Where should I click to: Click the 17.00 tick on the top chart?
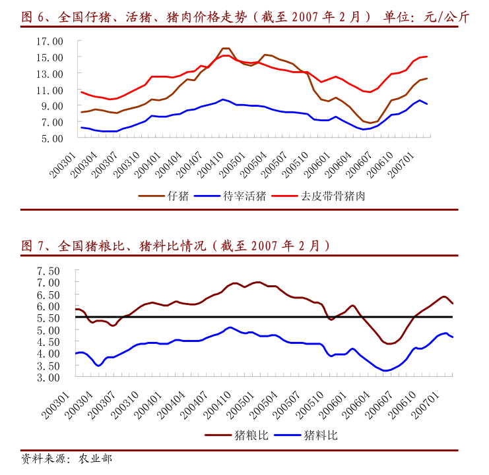(x=49, y=41)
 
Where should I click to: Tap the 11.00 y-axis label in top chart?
(x=49, y=90)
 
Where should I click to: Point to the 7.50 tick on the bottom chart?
(x=48, y=271)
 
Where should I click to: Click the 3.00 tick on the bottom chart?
(x=48, y=377)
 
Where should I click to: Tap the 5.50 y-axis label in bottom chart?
(x=48, y=318)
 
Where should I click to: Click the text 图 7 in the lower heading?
(x=31, y=246)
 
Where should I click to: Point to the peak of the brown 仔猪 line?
(x=225, y=48)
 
